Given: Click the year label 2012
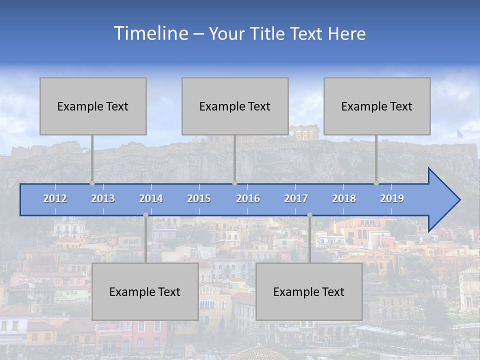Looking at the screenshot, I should pyautogui.click(x=55, y=198).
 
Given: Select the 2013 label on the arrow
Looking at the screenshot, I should pyautogui.click(x=103, y=198).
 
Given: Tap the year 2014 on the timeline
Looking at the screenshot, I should pyautogui.click(x=151, y=198).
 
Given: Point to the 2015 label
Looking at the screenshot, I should pyautogui.click(x=199, y=198).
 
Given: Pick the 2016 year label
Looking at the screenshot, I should pyautogui.click(x=248, y=198).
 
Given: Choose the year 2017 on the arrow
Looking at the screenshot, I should pyautogui.click(x=296, y=198).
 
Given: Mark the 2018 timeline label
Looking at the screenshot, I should pyautogui.click(x=344, y=198).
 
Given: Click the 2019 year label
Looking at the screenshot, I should pyautogui.click(x=392, y=198).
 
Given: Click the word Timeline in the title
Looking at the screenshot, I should pyautogui.click(x=150, y=33).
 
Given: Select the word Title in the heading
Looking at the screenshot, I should pyautogui.click(x=267, y=34).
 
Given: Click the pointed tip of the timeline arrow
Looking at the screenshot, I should pyautogui.click(x=458, y=200).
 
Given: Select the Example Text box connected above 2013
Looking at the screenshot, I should pyautogui.click(x=93, y=106).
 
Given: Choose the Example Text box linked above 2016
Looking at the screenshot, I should pyautogui.click(x=235, y=106).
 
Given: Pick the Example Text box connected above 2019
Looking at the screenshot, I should pyautogui.click(x=377, y=106).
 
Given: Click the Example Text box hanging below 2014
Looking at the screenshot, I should pyautogui.click(x=145, y=291).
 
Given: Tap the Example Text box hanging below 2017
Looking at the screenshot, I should pyautogui.click(x=309, y=291).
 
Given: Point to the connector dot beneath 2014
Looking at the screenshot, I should pyautogui.click(x=145, y=215).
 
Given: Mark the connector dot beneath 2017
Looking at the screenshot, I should pyautogui.click(x=309, y=215).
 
